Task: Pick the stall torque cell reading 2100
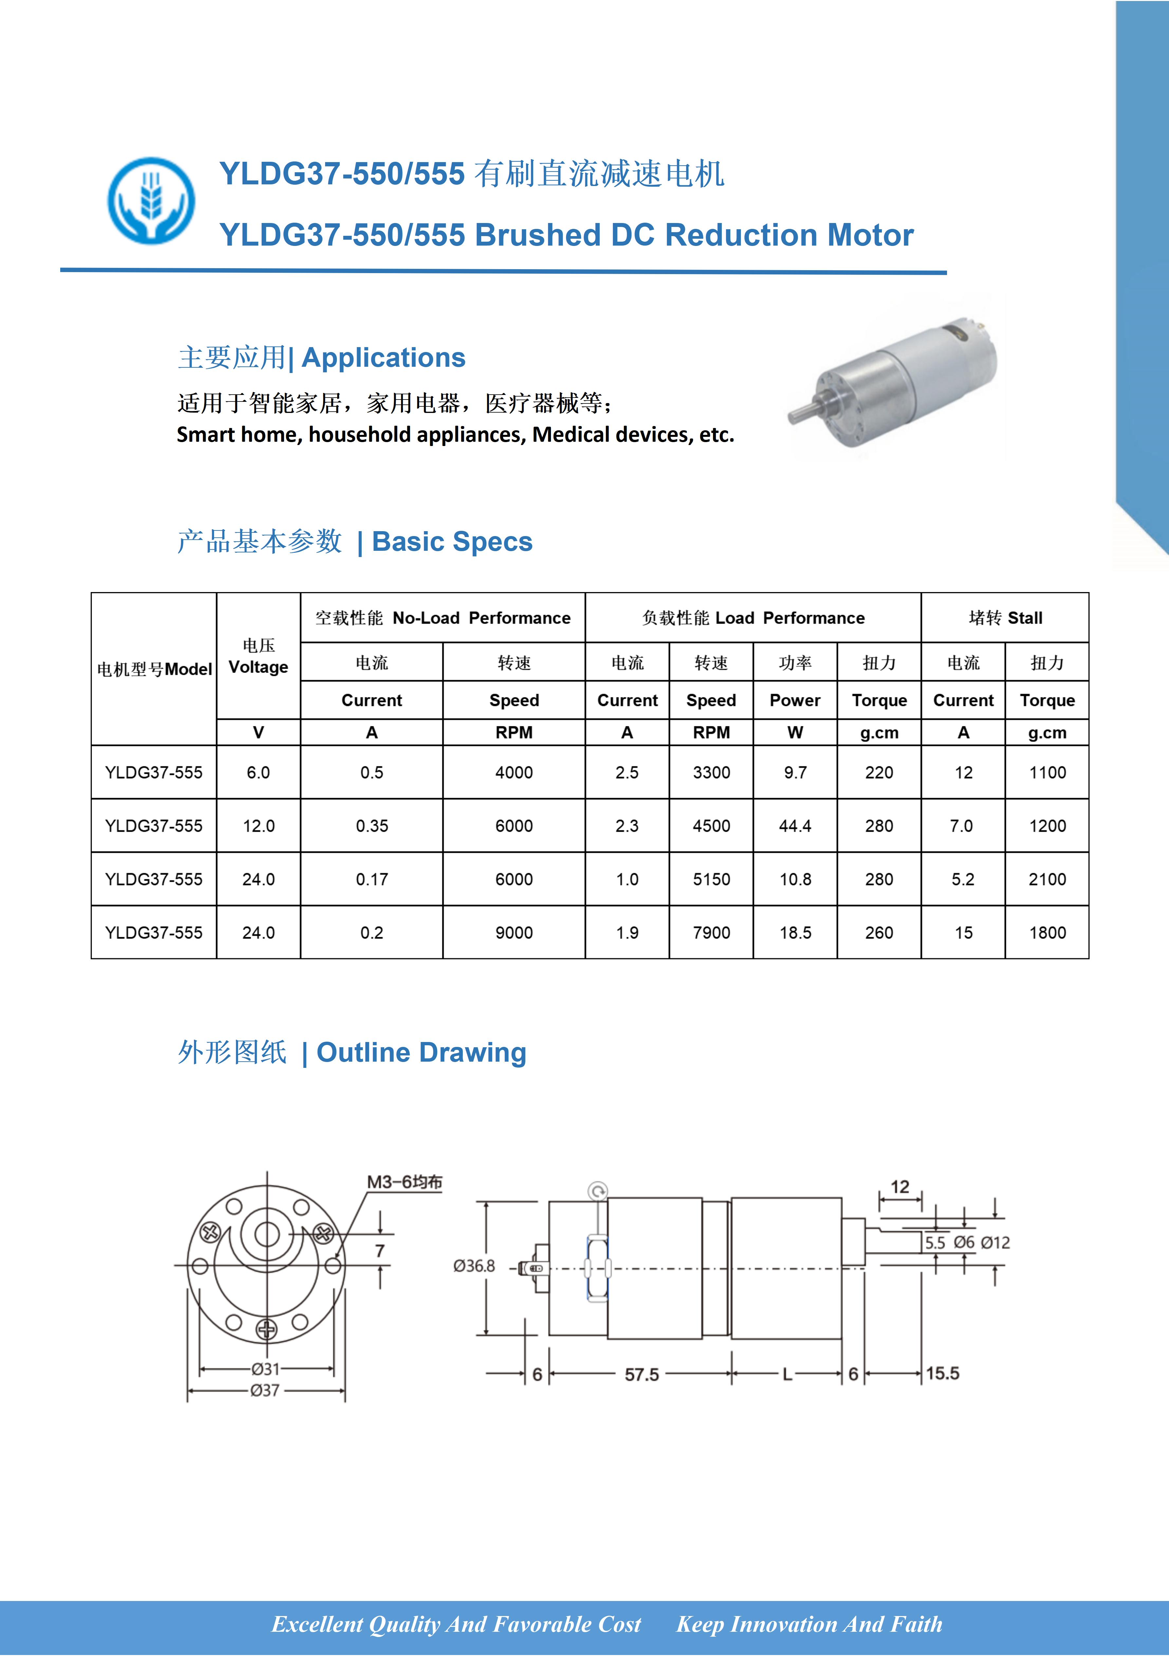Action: [x=1047, y=879]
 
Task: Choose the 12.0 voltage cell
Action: [x=258, y=826]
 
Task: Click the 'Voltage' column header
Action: [x=258, y=667]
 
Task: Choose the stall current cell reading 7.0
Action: [x=962, y=826]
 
